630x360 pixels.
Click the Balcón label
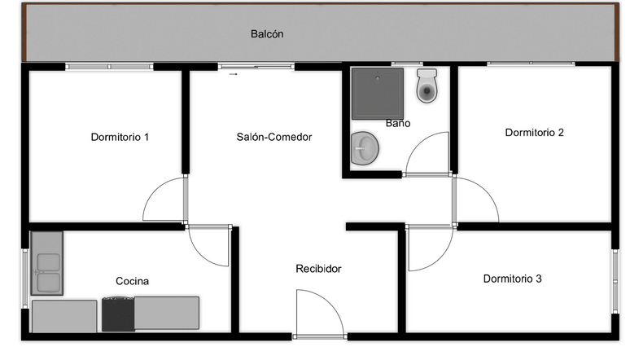click(267, 33)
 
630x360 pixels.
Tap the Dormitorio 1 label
click(120, 137)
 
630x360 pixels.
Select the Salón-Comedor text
click(274, 137)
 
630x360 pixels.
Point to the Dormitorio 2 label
click(535, 132)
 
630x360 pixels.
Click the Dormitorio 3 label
click(512, 279)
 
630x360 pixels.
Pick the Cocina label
click(132, 281)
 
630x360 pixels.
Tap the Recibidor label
click(318, 269)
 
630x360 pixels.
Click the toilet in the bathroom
click(427, 86)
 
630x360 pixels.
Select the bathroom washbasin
click(365, 148)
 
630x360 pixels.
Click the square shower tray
click(378, 94)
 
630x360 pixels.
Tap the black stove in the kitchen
click(118, 314)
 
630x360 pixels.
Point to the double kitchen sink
click(47, 263)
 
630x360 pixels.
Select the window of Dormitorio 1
click(109, 67)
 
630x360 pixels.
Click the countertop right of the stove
click(167, 313)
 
